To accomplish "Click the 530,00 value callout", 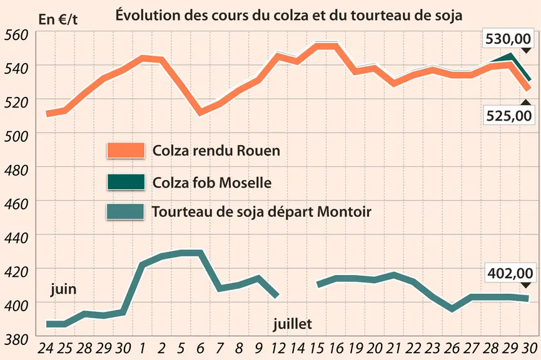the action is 507,39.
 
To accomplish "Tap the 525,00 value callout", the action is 509,115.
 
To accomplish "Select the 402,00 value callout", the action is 510,274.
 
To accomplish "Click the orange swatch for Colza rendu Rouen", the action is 126,151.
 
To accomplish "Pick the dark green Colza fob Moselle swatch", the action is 126,182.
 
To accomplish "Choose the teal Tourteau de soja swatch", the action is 125,212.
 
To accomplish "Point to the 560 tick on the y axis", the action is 16,35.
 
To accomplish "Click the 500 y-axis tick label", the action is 16,136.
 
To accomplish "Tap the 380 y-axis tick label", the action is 16,340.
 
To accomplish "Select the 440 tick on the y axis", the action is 16,238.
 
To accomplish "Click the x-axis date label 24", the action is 45,348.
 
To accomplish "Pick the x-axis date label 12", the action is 278,348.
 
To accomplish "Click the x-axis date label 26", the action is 452,348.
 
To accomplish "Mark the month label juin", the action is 63,289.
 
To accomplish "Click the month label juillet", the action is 292,324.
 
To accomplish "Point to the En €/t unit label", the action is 58,19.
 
